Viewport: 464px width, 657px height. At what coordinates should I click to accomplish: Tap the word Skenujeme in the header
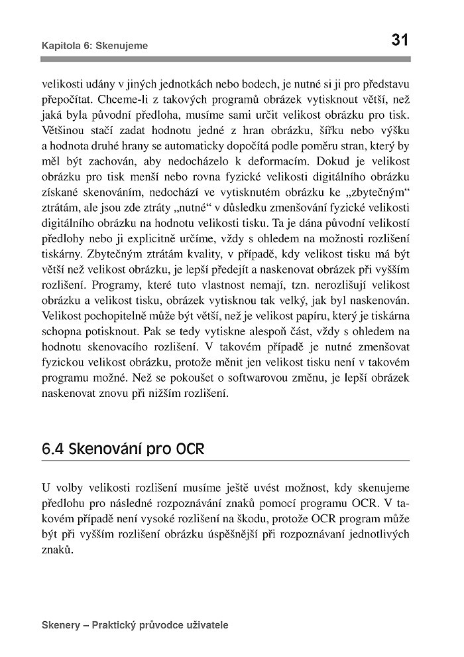[122, 46]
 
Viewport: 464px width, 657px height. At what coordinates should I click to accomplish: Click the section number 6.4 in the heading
[53, 449]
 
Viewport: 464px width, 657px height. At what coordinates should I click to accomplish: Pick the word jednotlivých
[381, 534]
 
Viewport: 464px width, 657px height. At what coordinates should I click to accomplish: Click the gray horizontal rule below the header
[225, 60]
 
